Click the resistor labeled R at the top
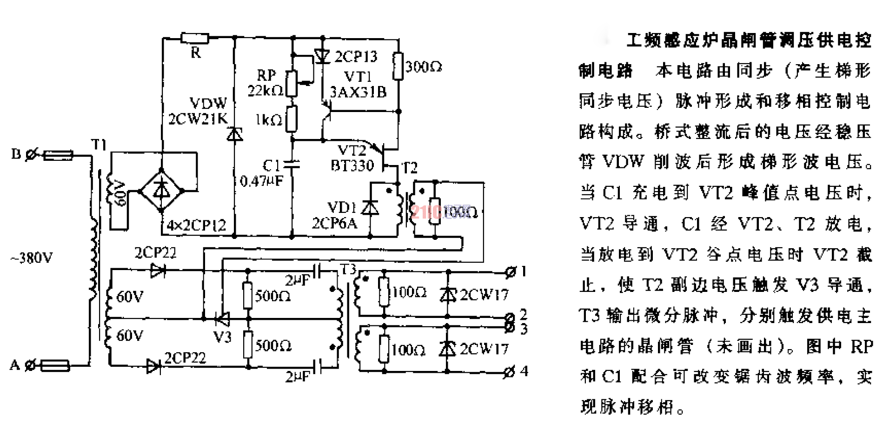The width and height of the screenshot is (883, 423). point(194,38)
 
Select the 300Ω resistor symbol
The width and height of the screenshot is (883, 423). point(398,66)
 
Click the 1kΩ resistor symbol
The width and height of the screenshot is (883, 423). point(292,119)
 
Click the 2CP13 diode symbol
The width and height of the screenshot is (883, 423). point(322,56)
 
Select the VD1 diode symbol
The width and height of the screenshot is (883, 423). point(370,207)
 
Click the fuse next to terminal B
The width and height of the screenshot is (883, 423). point(58,155)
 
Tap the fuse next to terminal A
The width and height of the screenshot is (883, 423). point(55,366)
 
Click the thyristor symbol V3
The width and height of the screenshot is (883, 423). point(223,319)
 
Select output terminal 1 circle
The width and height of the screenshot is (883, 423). point(510,272)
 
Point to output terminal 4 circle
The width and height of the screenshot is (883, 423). point(510,371)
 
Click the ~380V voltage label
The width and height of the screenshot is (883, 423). point(32,257)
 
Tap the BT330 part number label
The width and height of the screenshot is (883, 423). point(352,165)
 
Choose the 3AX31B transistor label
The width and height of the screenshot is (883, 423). point(358,92)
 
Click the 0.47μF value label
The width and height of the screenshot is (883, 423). point(261,181)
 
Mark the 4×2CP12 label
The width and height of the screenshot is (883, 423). point(196,225)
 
